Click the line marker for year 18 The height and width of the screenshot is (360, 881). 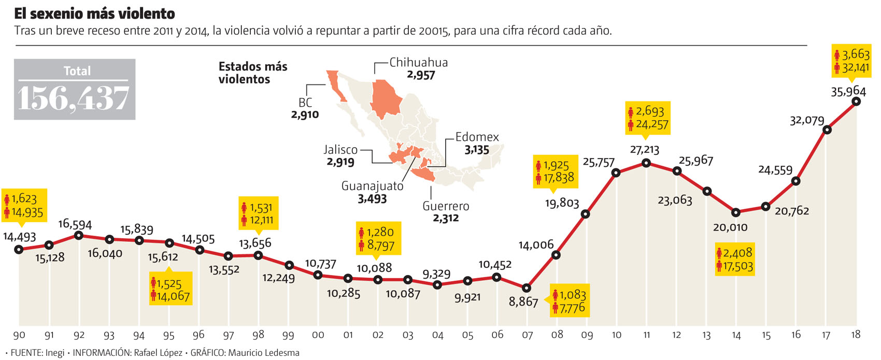[x=856, y=102]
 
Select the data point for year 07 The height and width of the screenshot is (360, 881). [x=527, y=288]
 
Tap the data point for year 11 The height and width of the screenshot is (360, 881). [x=646, y=163]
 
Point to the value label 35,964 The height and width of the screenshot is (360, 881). [x=848, y=92]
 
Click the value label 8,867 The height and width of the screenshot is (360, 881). [x=523, y=301]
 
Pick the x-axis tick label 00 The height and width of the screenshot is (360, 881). [x=318, y=335]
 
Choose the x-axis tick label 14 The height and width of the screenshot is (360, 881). [x=736, y=335]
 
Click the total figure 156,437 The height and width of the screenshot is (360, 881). [x=74, y=98]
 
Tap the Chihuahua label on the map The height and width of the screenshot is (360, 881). [x=418, y=63]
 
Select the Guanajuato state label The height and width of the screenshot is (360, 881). [x=372, y=186]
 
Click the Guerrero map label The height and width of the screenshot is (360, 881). [x=446, y=206]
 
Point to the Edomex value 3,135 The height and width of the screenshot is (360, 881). [x=477, y=150]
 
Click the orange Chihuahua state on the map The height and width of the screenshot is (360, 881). [x=387, y=97]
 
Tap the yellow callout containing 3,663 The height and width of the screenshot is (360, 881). [x=851, y=61]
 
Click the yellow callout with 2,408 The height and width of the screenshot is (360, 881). [x=734, y=259]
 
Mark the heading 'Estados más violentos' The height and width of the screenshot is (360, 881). [x=252, y=73]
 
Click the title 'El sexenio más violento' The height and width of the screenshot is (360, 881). [x=94, y=13]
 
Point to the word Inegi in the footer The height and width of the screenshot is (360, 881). [x=55, y=353]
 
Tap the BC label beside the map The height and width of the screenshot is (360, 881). [x=305, y=103]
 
